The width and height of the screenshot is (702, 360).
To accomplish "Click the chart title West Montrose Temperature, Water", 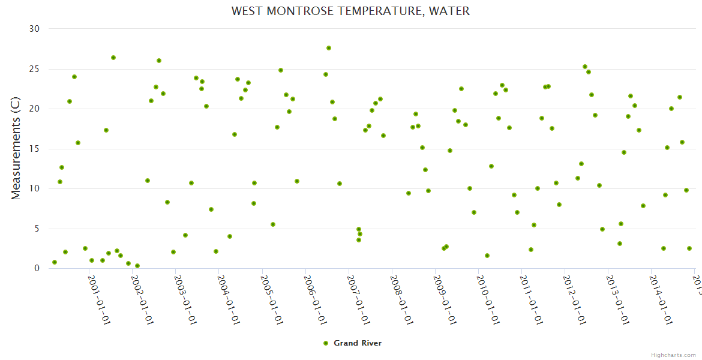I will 350,11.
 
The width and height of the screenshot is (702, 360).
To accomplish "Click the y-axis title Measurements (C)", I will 16,149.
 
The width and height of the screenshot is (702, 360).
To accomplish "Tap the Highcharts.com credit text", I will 673,355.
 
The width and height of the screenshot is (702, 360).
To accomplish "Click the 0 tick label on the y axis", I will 37,268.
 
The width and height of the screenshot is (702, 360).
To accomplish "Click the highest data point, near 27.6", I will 329,48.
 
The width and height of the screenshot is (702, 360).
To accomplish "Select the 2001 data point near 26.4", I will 113,58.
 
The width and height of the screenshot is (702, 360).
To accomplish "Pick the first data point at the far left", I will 55,262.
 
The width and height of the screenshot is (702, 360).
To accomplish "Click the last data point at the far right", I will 689,248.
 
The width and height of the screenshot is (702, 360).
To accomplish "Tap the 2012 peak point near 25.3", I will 585,67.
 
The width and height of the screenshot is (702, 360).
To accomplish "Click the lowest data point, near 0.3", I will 137,266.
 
